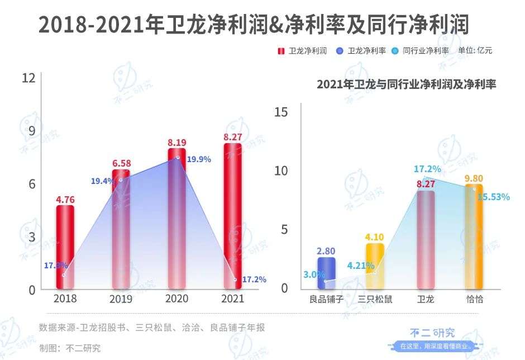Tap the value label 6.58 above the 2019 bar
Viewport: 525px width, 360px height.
121,163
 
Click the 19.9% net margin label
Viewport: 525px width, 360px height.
199,159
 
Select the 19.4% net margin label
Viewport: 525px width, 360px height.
103,181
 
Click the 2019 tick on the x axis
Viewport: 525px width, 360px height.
121,299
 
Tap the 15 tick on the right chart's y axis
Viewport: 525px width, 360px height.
281,112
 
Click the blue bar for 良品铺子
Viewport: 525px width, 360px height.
327,273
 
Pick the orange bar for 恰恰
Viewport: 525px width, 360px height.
474,236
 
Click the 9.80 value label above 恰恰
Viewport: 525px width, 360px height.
474,178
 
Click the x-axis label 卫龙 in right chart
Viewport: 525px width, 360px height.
426,299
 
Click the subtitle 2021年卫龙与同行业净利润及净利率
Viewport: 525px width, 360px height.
407,85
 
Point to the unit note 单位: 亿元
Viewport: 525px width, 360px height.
475,50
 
